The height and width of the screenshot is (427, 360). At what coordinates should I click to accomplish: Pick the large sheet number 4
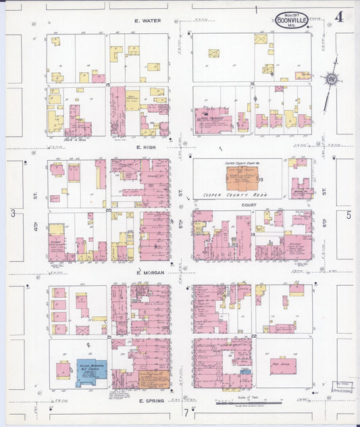tap(338, 18)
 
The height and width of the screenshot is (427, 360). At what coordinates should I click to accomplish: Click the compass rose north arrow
tap(331, 80)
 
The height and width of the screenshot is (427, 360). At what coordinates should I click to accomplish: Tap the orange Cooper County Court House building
tap(240, 177)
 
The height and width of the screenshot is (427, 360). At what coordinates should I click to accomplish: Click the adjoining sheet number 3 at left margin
tap(12, 214)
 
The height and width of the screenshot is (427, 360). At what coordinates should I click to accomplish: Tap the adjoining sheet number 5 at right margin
tap(349, 215)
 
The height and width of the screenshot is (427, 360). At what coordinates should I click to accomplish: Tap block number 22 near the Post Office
tap(254, 336)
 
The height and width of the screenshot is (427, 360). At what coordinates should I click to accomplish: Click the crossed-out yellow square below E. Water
tap(213, 53)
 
